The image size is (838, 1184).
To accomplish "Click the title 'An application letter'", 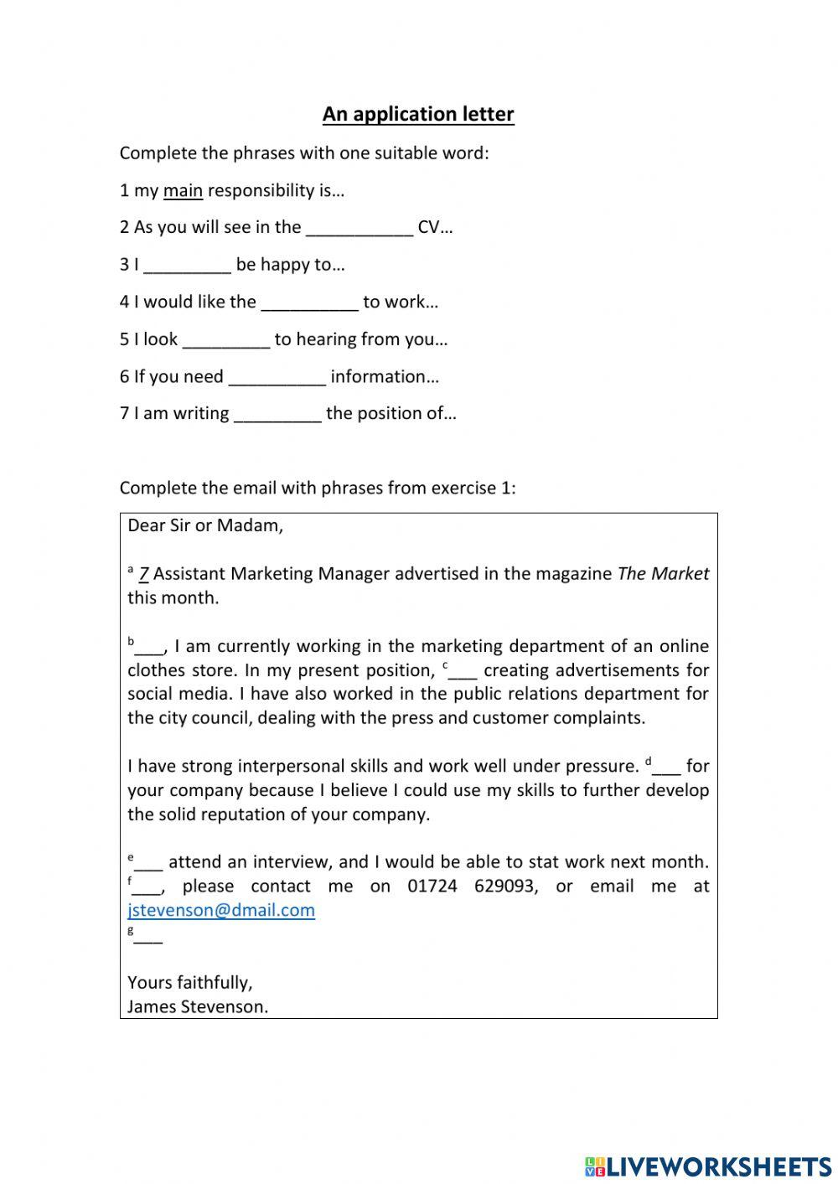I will point(418,114).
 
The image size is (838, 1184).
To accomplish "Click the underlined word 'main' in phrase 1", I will point(183,190).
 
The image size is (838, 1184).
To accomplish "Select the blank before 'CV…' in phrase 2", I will point(360,229).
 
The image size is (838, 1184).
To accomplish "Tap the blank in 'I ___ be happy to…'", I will point(188,266).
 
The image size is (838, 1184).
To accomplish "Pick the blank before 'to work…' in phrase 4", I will point(309,303).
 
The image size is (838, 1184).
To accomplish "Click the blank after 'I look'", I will point(226,340).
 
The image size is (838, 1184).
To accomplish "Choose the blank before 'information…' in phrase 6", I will point(277,378).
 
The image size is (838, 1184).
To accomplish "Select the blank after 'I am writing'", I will point(277,415).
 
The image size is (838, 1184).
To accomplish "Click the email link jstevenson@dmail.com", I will point(221,910).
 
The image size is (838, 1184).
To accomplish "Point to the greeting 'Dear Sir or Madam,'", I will point(205,525).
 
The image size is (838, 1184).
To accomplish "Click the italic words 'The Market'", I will point(663,574).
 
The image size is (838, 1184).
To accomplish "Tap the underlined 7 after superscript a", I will point(144,574).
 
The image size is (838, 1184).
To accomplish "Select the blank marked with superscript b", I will point(151,648).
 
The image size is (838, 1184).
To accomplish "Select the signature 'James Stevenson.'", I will point(198,1006).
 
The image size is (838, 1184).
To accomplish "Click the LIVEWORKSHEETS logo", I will point(708,1166).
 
